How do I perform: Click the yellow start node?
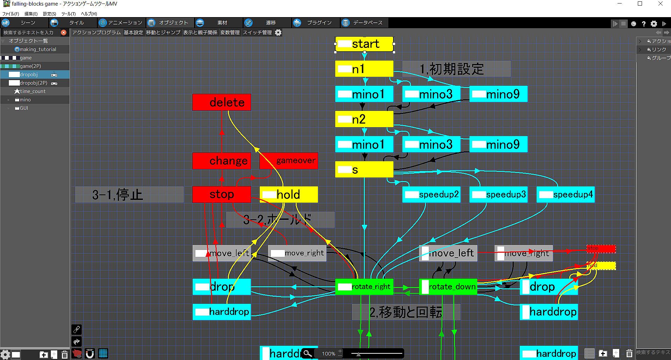365,44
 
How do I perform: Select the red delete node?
222,102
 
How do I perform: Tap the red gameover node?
289,161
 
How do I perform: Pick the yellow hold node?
289,194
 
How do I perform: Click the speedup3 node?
498,195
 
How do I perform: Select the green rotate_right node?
364,287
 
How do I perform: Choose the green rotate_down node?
448,287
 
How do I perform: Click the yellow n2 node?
364,119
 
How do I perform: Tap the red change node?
222,161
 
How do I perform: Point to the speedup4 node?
565,195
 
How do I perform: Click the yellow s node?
364,170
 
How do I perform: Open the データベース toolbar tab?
363,23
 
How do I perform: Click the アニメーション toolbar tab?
121,23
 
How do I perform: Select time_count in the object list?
33,91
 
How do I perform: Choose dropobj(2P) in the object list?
33,83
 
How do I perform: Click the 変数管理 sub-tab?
230,33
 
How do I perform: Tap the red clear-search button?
64,33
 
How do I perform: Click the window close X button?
660,4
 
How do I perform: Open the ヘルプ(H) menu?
89,14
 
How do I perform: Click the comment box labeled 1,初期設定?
456,69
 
